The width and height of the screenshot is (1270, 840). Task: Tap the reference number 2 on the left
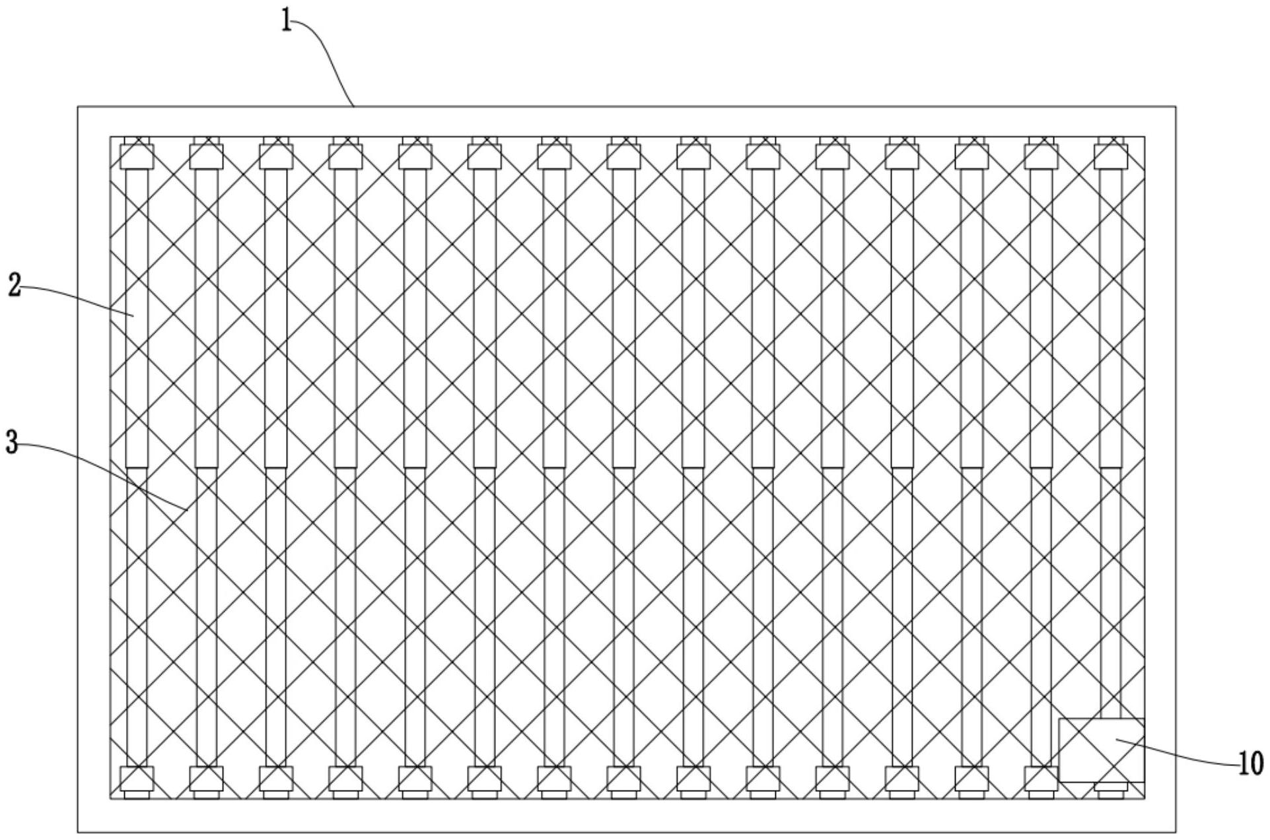(14, 287)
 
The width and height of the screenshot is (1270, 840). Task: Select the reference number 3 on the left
(11, 443)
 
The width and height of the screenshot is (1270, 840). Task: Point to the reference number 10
(1250, 763)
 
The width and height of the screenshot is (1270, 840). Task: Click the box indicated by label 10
(1101, 750)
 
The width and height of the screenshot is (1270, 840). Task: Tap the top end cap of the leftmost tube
(137, 156)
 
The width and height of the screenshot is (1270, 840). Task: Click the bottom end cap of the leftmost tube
(137, 779)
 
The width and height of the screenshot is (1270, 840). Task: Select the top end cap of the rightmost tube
(1110, 156)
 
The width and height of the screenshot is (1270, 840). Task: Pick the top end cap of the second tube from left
(206, 156)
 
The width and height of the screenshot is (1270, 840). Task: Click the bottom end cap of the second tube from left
(206, 779)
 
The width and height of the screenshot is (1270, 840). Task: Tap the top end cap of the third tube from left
(276, 156)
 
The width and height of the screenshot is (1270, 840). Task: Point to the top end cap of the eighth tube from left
(623, 156)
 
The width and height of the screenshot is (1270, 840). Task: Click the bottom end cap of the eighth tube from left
(623, 779)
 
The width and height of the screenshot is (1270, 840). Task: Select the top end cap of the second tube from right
(1041, 156)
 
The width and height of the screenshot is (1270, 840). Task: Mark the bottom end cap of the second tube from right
(1041, 779)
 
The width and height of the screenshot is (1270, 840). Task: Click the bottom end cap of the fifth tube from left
(415, 779)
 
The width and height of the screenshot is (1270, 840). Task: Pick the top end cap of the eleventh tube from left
(832, 156)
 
